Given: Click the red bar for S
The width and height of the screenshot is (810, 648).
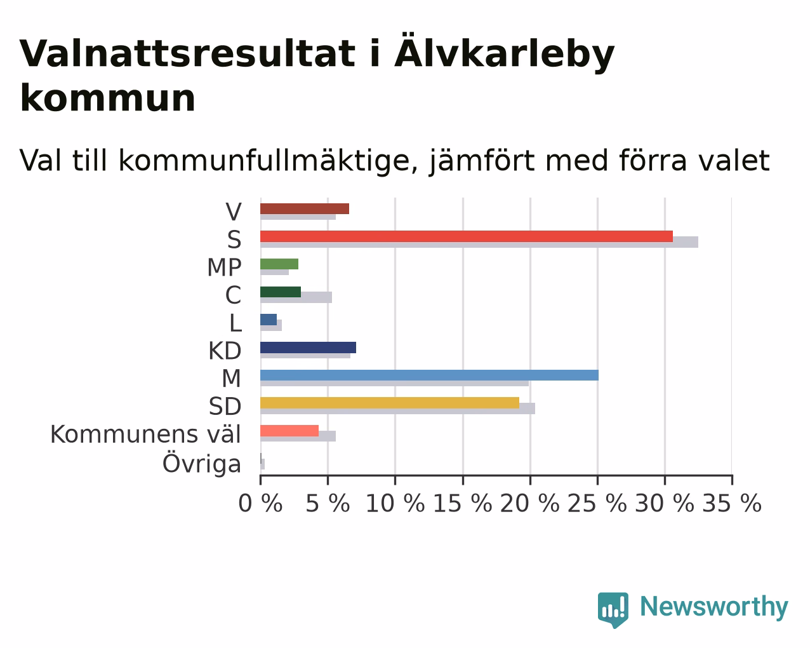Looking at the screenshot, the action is click(x=467, y=236).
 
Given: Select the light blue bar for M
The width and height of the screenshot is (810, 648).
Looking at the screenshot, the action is click(x=429, y=375).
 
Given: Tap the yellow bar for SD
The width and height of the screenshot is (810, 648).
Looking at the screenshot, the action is click(x=390, y=403).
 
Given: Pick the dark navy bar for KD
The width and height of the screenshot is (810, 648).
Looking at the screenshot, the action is click(x=308, y=348).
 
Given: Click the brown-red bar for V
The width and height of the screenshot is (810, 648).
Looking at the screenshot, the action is click(x=305, y=209).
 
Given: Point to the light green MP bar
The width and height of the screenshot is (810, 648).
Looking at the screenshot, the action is click(x=279, y=264).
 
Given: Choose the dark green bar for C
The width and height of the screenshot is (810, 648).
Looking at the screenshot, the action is click(x=281, y=292).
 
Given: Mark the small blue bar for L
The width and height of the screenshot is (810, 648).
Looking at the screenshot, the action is click(x=269, y=320).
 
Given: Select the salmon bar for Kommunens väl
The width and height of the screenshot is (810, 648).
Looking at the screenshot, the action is click(x=289, y=431).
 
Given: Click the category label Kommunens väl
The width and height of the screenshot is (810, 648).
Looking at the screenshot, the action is click(x=145, y=435).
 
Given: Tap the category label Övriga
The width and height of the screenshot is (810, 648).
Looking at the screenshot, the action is click(x=201, y=463).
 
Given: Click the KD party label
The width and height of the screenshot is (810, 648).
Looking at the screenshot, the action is click(x=225, y=351).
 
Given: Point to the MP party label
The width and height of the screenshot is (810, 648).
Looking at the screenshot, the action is click(x=224, y=267).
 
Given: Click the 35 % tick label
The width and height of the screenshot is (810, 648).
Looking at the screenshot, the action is click(x=732, y=503).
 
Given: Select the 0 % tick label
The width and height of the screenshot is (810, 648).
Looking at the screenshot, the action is click(x=260, y=503).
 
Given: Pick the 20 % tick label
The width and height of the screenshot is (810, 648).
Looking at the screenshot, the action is click(x=529, y=503).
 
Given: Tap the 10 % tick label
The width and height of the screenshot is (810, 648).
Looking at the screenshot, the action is click(x=395, y=503).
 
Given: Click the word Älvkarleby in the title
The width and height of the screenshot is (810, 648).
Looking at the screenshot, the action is click(x=505, y=53).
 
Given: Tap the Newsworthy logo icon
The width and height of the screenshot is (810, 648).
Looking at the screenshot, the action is click(x=613, y=610).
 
